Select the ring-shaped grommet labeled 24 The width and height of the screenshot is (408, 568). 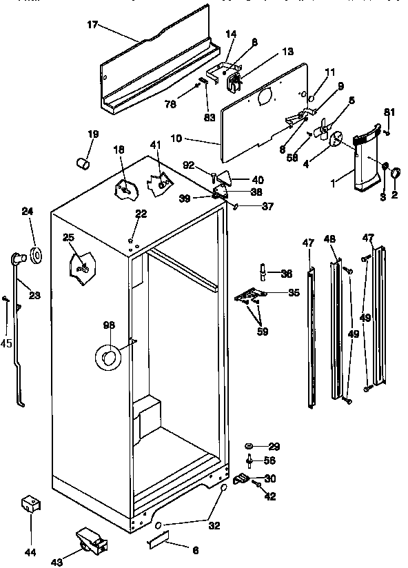click(x=34, y=256)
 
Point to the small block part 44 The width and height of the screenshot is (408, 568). click(x=29, y=505)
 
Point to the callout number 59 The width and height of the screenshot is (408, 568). click(x=263, y=332)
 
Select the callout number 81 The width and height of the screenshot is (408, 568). click(x=390, y=112)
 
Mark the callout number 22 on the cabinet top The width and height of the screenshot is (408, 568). click(x=141, y=214)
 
